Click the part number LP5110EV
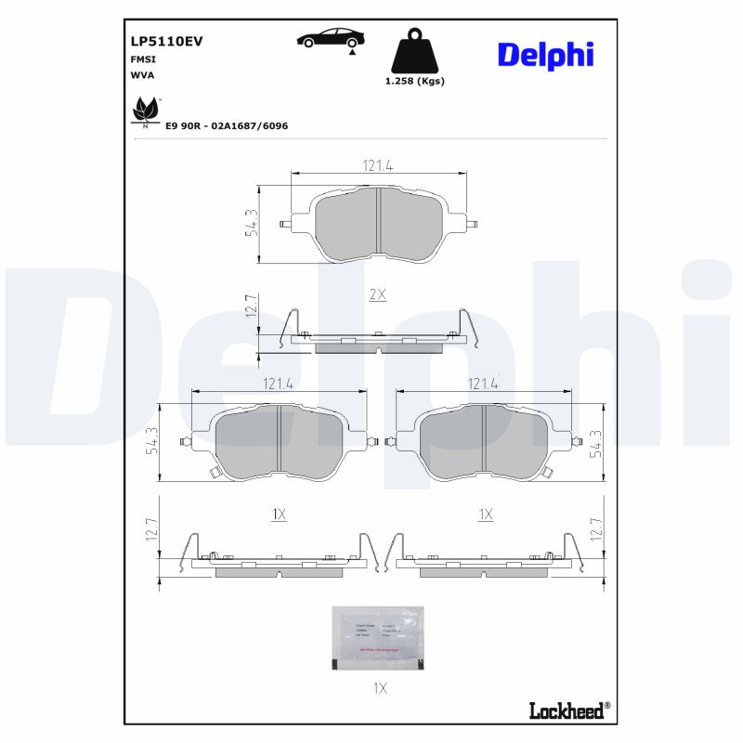click(x=167, y=41)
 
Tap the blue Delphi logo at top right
click(x=545, y=55)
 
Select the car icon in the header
click(x=331, y=39)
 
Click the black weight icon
click(x=415, y=52)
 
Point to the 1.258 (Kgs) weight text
click(x=415, y=81)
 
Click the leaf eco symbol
click(x=145, y=111)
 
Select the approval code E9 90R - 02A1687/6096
click(x=227, y=124)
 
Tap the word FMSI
click(x=142, y=59)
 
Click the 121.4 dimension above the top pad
click(x=378, y=165)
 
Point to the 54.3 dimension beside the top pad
click(x=251, y=223)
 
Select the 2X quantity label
click(x=377, y=293)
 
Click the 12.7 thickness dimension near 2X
click(x=250, y=306)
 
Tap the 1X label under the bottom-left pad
click(x=278, y=514)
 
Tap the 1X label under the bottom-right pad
click(x=484, y=514)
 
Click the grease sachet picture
click(x=377, y=637)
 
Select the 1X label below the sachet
click(x=378, y=688)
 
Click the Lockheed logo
click(x=569, y=711)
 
